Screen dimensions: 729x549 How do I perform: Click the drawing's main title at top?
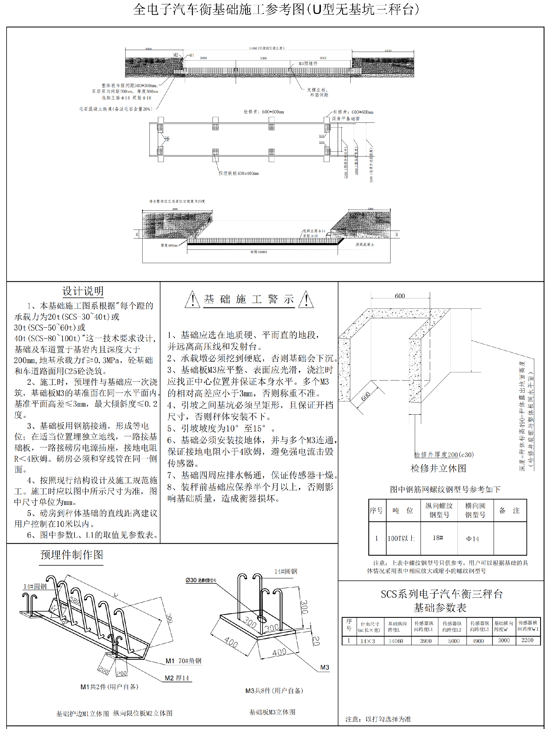(276, 9)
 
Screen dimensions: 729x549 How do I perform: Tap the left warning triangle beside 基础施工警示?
(192, 300)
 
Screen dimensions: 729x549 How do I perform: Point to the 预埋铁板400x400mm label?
(238, 173)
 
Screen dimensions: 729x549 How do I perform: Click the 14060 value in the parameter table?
(395, 641)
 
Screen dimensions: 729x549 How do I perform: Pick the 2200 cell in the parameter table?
(527, 640)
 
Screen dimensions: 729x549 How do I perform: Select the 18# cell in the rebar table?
(437, 538)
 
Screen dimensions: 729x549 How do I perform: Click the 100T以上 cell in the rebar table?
(401, 538)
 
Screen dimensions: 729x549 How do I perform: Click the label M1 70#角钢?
(183, 661)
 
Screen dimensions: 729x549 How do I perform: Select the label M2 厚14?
(177, 678)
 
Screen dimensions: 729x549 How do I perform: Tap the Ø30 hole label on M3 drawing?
(200, 580)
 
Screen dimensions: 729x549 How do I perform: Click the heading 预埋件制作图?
(71, 555)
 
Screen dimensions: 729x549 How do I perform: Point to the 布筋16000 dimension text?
(258, 252)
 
